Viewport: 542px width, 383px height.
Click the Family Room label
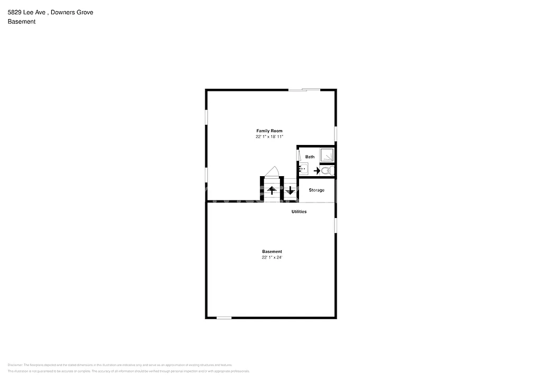click(269, 131)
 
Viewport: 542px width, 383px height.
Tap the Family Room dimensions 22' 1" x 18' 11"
click(269, 137)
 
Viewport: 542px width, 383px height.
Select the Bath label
click(310, 157)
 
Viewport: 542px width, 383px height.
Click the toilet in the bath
click(327, 170)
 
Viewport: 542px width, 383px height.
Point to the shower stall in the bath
click(327, 155)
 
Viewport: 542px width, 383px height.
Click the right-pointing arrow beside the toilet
click(317, 171)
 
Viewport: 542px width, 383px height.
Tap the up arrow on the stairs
click(272, 190)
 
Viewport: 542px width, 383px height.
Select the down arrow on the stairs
click(290, 190)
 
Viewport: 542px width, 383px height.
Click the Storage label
click(317, 190)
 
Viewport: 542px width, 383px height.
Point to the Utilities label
click(299, 212)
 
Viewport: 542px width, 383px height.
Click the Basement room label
click(272, 251)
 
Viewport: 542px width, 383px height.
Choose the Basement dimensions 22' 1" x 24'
click(272, 258)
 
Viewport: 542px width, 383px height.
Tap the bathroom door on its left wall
click(298, 156)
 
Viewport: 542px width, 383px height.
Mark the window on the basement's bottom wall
click(224, 317)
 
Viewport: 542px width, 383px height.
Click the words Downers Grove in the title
click(76, 12)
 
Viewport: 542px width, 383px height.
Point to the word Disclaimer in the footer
click(14, 365)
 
